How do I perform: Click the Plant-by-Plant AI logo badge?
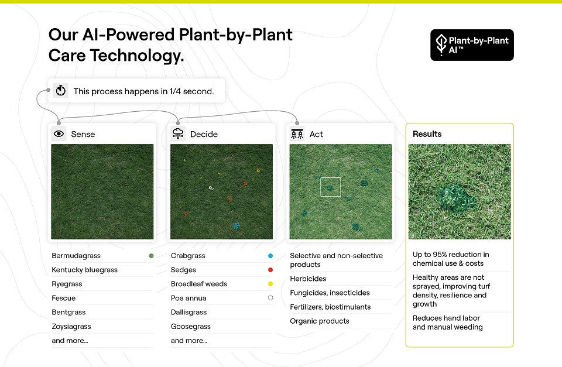472,45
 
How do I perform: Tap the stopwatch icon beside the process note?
60,91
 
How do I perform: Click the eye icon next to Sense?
59,134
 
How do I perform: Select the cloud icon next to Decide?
178,134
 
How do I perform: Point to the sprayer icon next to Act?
297,134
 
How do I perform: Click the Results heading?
427,134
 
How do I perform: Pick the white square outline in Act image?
331,187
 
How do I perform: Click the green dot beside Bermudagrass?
151,256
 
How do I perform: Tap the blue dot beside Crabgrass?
270,256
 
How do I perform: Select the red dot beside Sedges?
270,270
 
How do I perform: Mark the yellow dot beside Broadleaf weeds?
270,284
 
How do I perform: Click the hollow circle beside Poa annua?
270,298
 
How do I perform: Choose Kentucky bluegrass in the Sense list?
84,270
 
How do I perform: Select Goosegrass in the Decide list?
191,327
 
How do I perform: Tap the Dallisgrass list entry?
189,313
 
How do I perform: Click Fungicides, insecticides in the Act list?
330,293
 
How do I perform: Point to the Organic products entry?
320,321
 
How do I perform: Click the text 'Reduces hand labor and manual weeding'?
447,323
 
